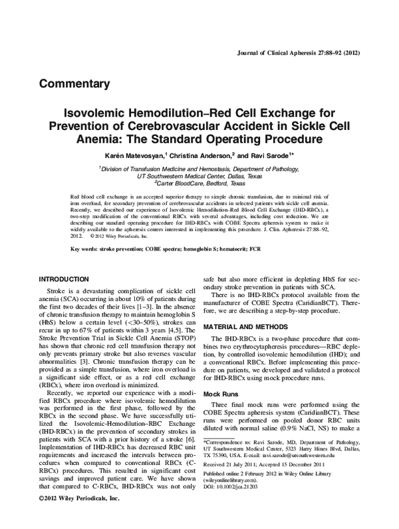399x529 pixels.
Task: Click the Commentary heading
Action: point(74,84)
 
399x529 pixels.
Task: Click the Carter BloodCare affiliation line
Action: point(199,183)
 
